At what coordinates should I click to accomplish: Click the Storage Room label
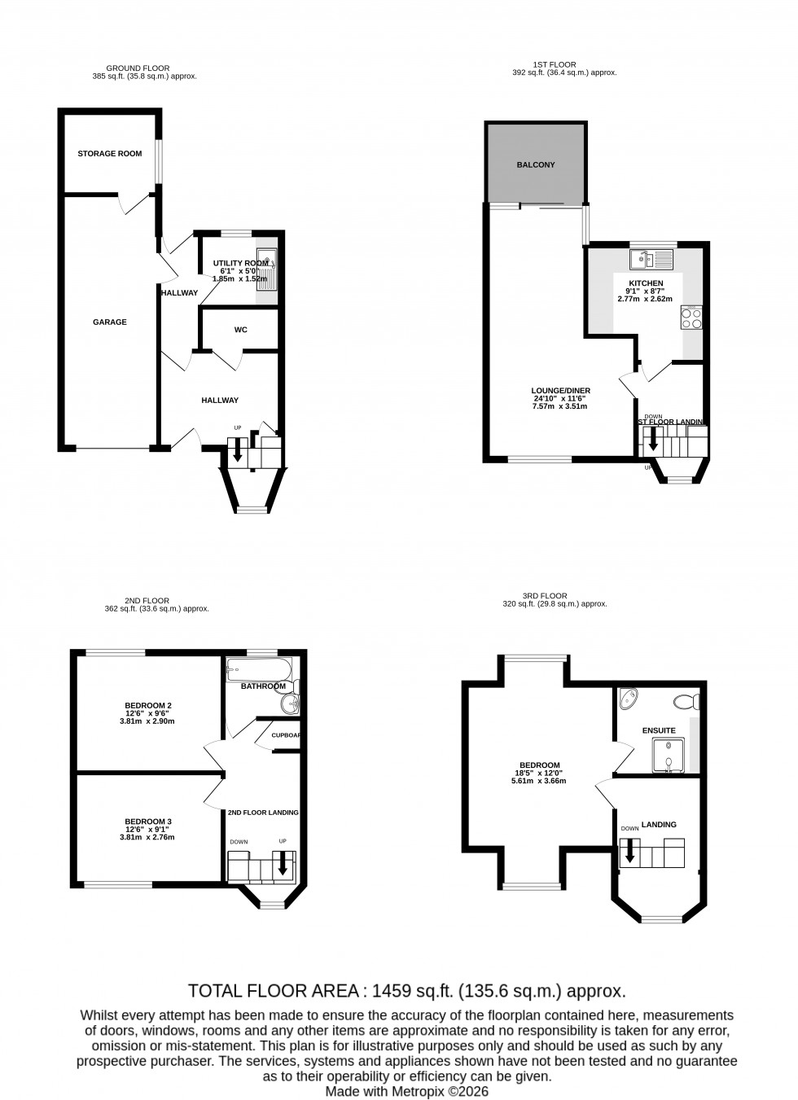click(x=110, y=154)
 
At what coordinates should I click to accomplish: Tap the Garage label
click(x=110, y=322)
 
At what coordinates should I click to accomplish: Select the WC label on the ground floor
click(x=240, y=330)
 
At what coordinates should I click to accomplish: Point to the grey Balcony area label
click(x=536, y=165)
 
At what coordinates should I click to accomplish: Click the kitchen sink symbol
click(x=651, y=260)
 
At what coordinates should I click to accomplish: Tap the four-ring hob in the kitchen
click(x=691, y=317)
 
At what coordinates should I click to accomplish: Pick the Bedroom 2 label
click(x=148, y=705)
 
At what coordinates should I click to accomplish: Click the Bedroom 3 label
click(x=148, y=822)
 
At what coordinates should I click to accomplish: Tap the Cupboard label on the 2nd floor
click(x=286, y=734)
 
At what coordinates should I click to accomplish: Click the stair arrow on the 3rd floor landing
click(x=629, y=852)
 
